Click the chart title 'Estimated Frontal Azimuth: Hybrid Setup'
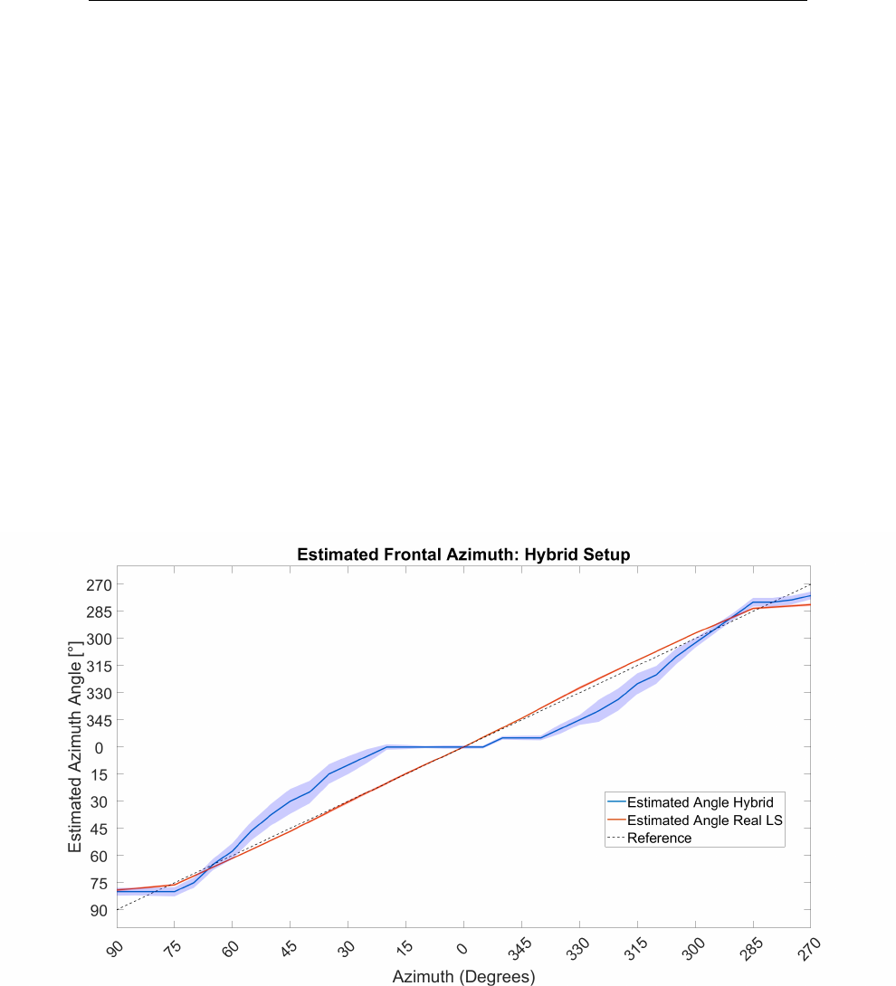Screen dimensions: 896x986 pos(463,555)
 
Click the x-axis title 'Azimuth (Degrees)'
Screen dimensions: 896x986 pos(463,977)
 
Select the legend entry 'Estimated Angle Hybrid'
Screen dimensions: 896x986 pos(701,802)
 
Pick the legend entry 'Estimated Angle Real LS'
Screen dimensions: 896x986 pos(705,820)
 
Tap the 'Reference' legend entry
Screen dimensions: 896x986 pos(660,839)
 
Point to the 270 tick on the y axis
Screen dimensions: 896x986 pos(99,585)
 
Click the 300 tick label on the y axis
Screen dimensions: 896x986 pos(99,640)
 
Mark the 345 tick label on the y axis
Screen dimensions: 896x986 pos(99,721)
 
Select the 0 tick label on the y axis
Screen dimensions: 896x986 pos(99,748)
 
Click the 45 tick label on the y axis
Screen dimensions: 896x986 pos(99,830)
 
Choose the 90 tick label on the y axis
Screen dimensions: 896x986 pos(99,911)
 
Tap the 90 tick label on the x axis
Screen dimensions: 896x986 pos(115,948)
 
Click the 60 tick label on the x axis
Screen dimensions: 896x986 pos(230,948)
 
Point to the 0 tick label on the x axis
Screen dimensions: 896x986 pos(462,948)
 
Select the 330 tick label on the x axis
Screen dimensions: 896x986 pos(577,949)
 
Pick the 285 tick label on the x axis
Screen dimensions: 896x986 pos(751,949)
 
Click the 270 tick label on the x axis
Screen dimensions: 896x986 pos(809,949)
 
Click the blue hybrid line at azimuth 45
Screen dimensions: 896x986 pos(290,801)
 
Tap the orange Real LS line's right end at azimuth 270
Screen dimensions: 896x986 pos(810,605)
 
